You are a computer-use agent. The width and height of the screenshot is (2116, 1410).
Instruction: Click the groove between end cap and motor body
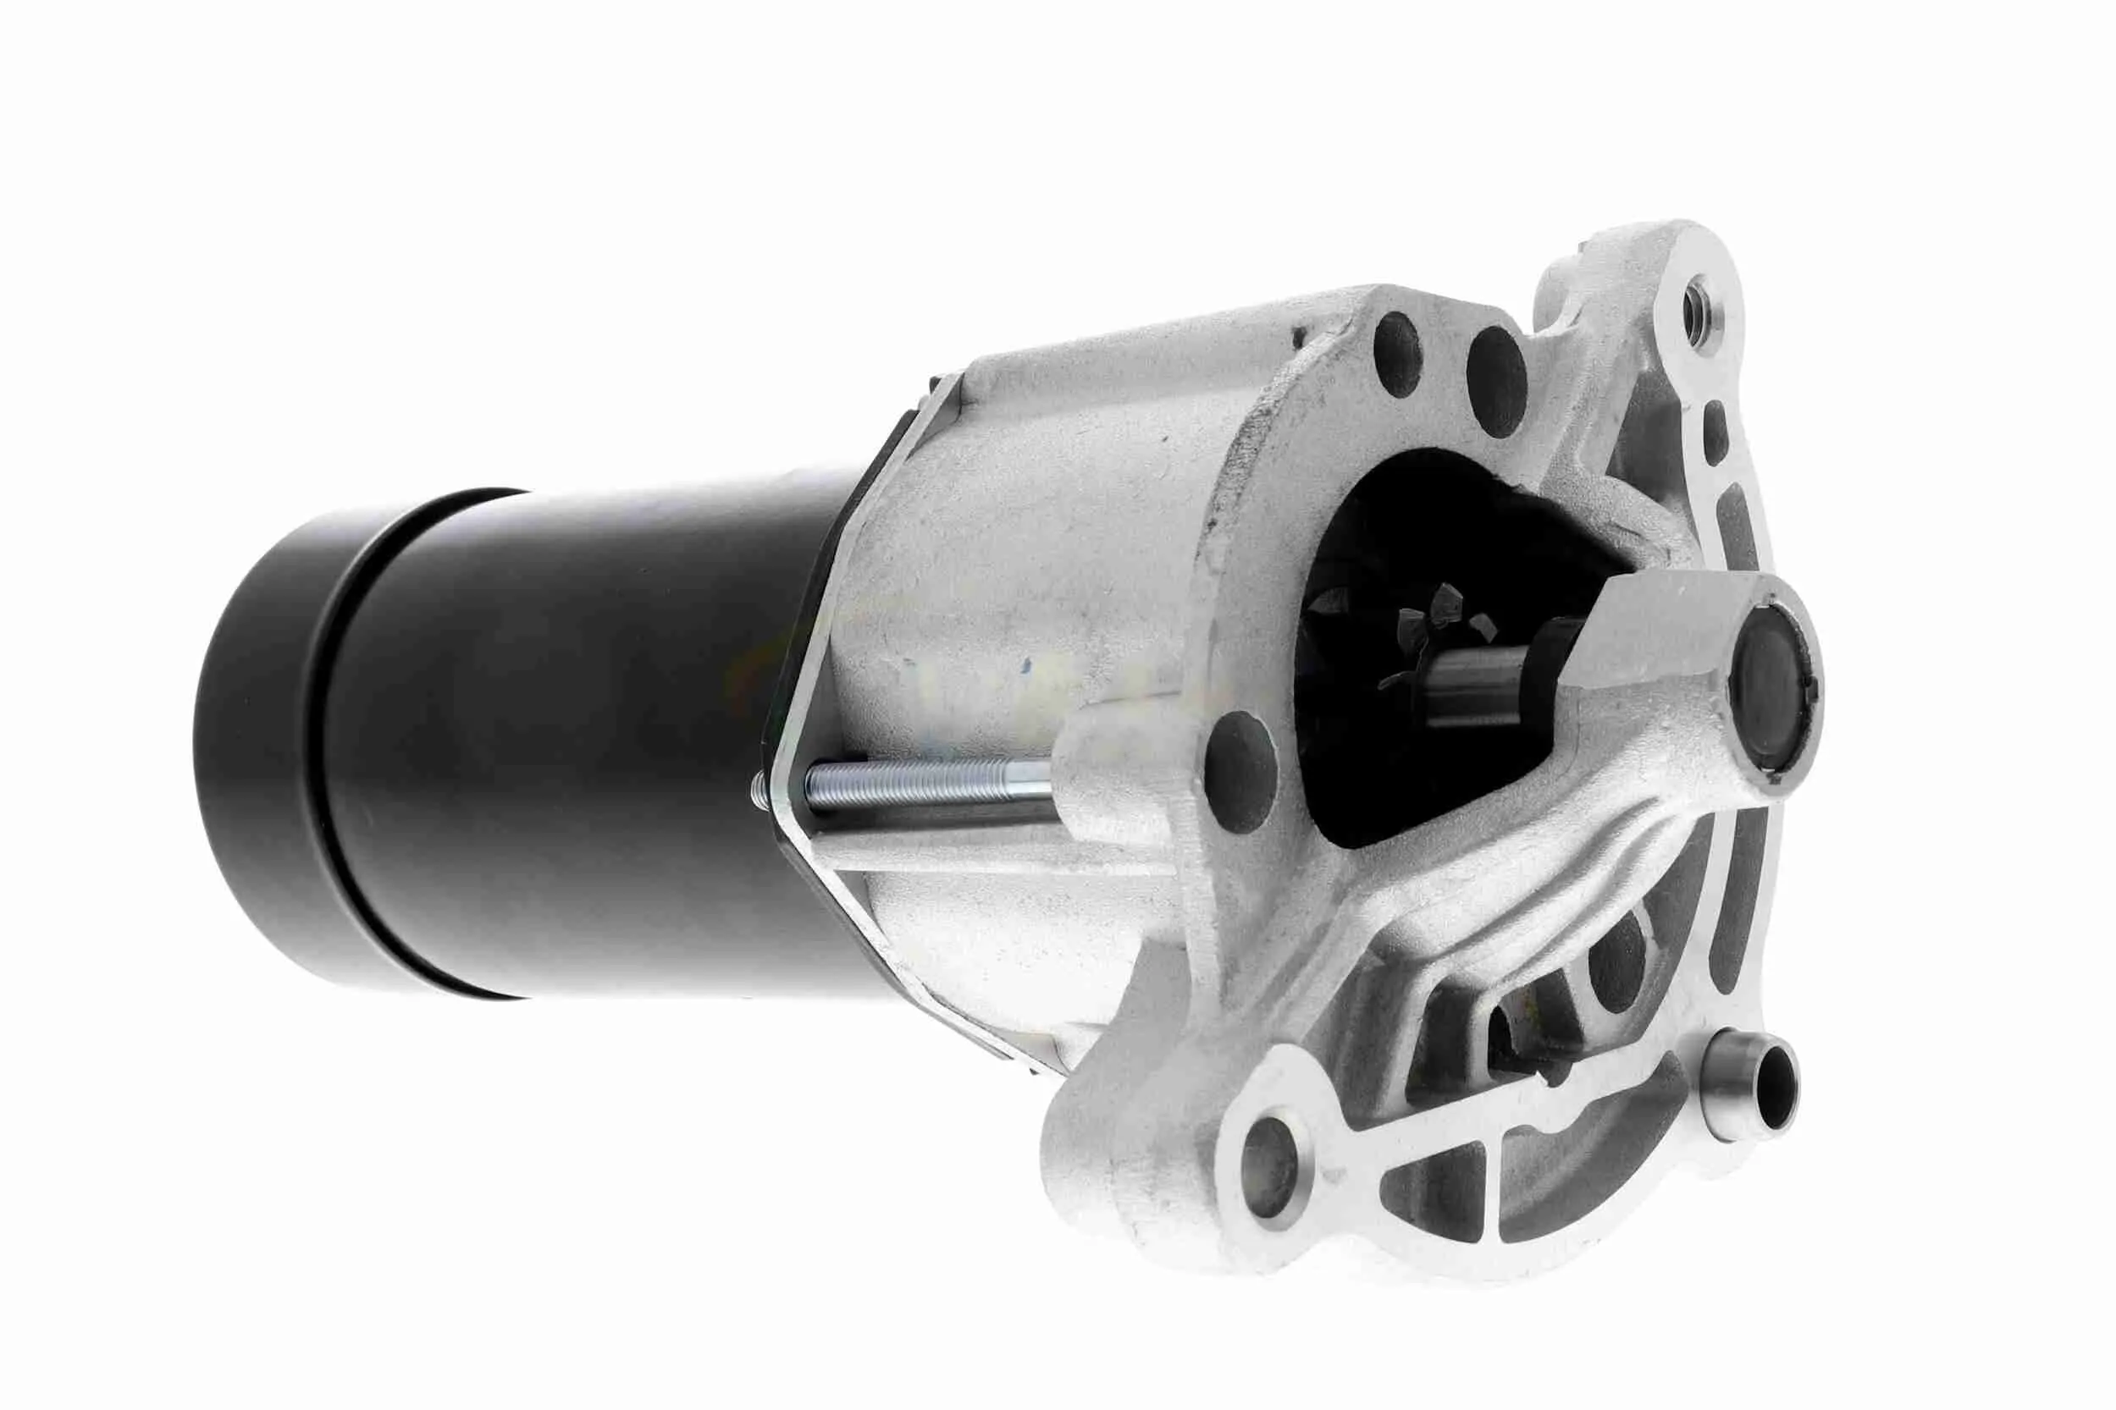click(340, 746)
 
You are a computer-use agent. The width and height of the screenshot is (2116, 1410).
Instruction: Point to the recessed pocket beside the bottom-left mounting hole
click(1430, 1187)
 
